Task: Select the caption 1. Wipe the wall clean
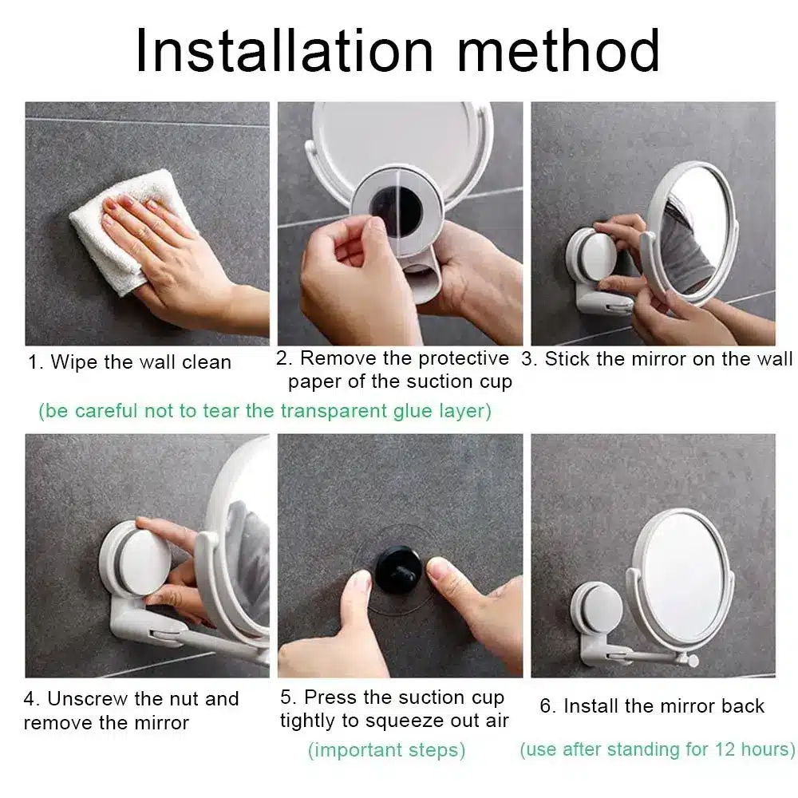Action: pyautogui.click(x=129, y=362)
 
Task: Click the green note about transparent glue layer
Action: pyautogui.click(x=265, y=411)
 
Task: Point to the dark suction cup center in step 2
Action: pyautogui.click(x=397, y=210)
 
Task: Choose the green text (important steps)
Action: pyautogui.click(x=386, y=750)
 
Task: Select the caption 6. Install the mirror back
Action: pyautogui.click(x=652, y=706)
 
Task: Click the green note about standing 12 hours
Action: pyautogui.click(x=657, y=750)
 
